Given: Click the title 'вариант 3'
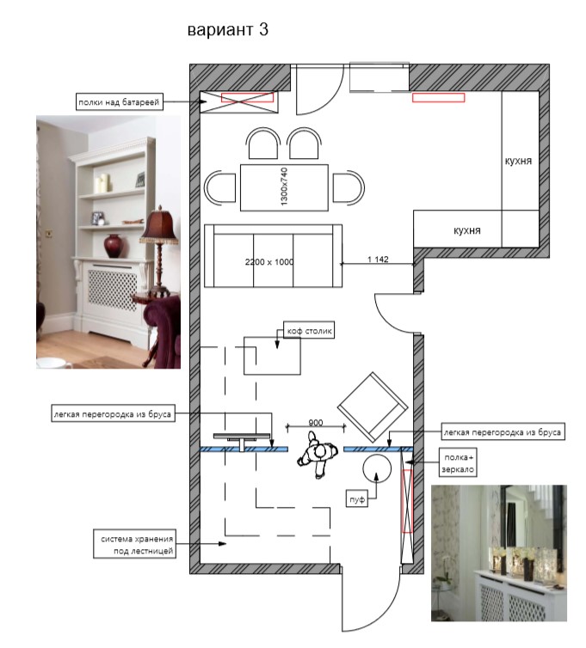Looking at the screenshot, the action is pos(228,30).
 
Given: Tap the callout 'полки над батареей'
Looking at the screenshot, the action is pos(120,102).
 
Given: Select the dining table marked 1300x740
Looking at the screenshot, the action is pos(284,187).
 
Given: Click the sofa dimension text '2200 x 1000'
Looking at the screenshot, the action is pos(269,261).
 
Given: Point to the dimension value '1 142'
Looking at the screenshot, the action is pos(378,260).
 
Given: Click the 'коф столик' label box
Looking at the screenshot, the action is pos(309,331).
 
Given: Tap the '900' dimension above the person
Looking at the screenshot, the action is pos(315,422).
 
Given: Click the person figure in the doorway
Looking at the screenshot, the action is pos(318,454).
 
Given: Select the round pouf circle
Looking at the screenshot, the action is pos(377,468).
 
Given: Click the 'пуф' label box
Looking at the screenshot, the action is pos(357,498).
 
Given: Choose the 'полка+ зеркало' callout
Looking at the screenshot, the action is pos(458,463).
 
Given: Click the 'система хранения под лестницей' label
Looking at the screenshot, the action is pos(135,544).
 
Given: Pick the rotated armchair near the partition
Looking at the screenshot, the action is pos(373,407).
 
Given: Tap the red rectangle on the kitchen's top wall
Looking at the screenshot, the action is pos(438,97).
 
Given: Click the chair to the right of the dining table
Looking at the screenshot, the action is pos(349,188).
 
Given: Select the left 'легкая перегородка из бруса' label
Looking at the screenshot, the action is pos(113,413).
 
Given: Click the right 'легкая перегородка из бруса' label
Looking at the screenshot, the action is pos(502,432).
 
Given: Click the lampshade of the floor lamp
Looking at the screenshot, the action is pos(158,226).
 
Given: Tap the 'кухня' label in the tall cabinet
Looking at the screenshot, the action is pos(518,161).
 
